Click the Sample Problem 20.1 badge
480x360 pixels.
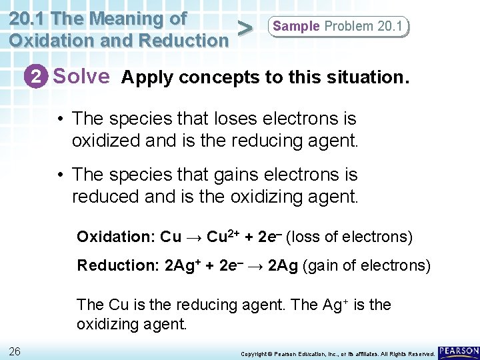[338, 27]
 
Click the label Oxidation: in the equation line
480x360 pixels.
[115, 237]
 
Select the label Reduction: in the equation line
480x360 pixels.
[117, 265]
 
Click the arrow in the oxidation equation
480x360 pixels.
[194, 237]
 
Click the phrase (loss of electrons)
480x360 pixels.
[351, 237]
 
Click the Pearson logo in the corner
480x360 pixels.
[459, 351]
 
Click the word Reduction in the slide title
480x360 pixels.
[175, 40]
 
